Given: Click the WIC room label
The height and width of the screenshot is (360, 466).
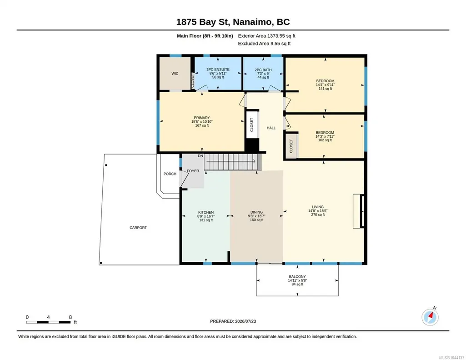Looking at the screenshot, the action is [175, 73].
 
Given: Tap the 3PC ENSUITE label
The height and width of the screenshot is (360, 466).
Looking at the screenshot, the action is [218, 70].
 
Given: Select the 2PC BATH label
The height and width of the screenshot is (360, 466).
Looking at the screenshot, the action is [263, 70].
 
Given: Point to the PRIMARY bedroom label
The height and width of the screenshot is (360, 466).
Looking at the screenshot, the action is [202, 118].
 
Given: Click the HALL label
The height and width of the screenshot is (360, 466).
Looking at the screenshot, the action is [271, 128].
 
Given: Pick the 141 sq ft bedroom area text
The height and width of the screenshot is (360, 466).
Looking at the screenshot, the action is [325, 89].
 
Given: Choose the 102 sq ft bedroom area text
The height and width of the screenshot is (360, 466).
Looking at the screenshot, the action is [325, 140].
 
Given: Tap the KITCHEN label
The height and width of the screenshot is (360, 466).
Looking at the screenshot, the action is [205, 212].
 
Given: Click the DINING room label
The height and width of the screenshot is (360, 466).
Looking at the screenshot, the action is [256, 212].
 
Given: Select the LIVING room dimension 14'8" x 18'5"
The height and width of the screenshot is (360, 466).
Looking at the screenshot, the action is [318, 211].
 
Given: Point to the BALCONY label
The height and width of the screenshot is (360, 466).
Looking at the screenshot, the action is [297, 276].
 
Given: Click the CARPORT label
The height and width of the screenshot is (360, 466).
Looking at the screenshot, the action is [138, 228].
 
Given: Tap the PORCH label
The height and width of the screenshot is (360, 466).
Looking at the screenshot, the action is [170, 174].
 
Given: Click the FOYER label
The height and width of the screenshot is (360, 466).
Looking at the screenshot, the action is [193, 171].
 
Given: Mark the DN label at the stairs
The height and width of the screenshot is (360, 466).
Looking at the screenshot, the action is [200, 156].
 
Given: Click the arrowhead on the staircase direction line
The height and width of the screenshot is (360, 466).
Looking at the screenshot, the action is [255, 161].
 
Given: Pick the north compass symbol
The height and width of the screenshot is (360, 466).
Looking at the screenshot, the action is [430, 317].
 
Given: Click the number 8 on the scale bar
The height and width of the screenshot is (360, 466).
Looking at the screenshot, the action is [70, 317].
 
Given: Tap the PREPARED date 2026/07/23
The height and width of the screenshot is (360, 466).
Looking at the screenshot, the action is [246, 321].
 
